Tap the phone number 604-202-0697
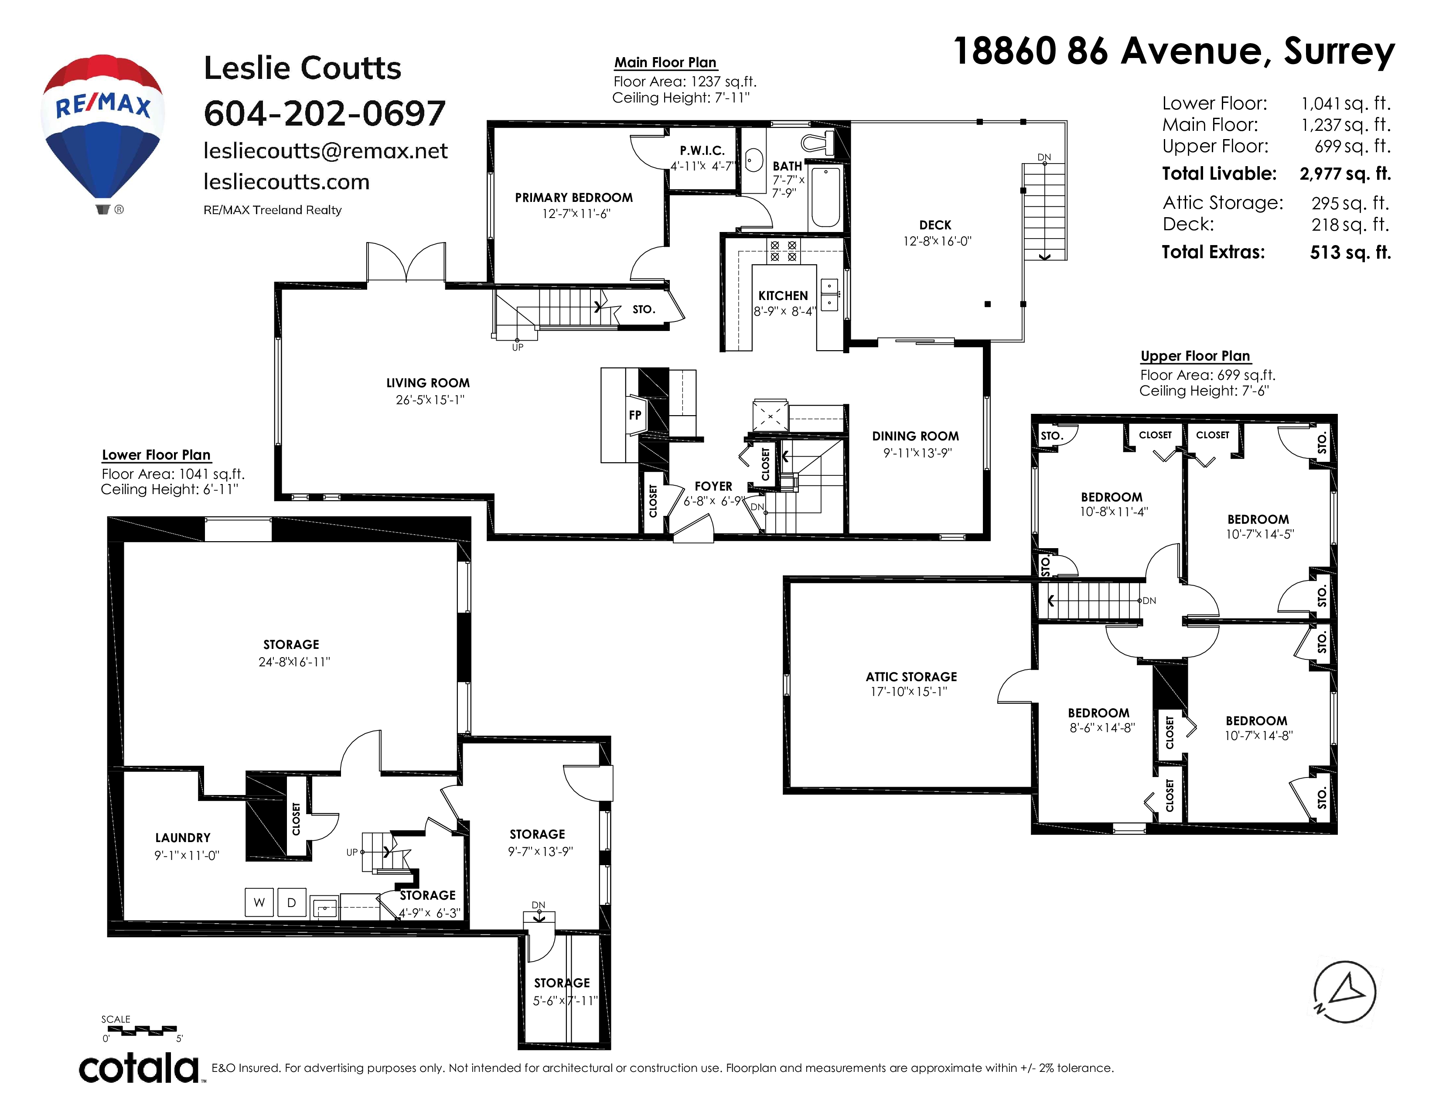coord(325,113)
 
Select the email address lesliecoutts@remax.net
coord(325,151)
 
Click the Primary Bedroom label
coord(574,198)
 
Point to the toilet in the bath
coord(818,142)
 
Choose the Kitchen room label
coord(783,296)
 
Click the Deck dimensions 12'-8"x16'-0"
coord(937,241)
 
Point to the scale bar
coord(142,1030)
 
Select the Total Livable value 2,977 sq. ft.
coord(1345,174)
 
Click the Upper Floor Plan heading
coord(1195,356)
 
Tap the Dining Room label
coord(915,436)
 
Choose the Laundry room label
coord(183,838)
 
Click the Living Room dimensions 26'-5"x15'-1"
coord(430,400)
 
